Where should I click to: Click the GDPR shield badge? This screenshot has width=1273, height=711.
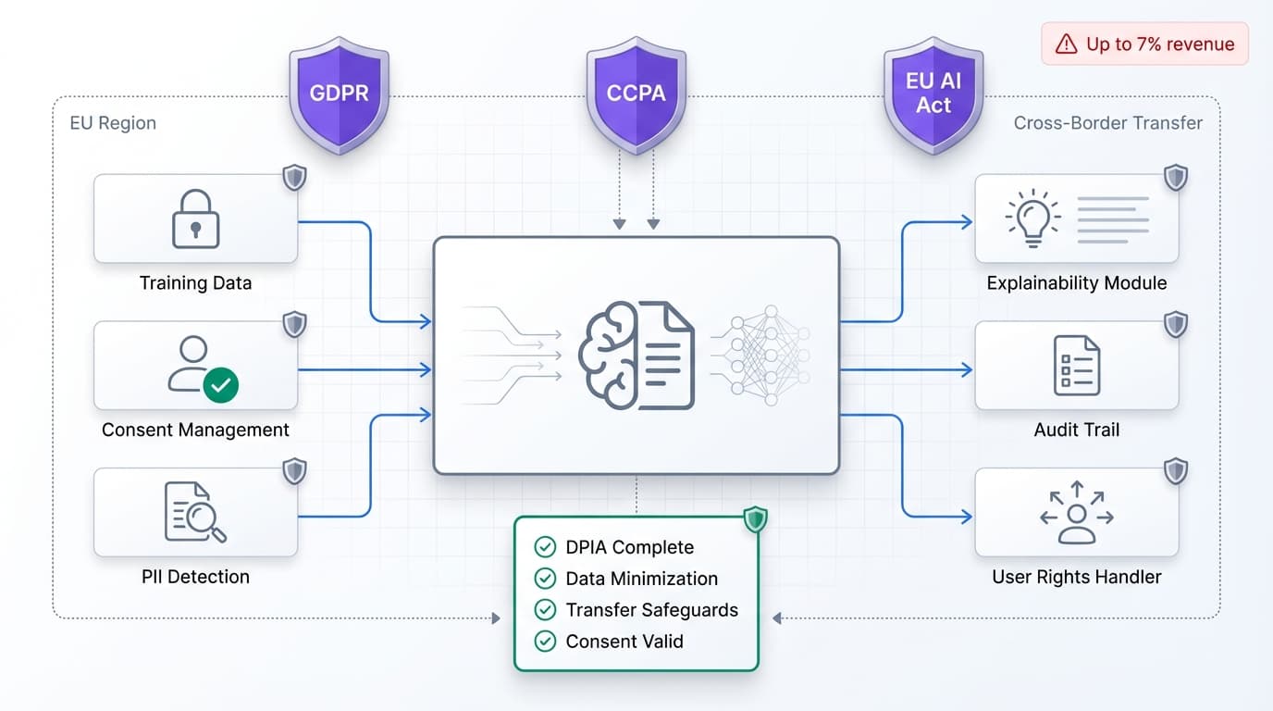(x=339, y=94)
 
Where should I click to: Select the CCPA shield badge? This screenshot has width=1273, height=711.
(x=636, y=94)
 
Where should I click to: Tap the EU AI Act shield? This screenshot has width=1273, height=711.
(x=933, y=94)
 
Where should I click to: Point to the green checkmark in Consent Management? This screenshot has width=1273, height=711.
(x=220, y=383)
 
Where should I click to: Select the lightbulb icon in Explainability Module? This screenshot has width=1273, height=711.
(x=1032, y=218)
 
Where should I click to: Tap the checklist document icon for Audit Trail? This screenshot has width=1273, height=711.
(x=1077, y=366)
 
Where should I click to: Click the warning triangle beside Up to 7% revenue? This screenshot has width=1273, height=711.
(x=1066, y=44)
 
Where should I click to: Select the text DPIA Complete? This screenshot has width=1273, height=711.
(x=629, y=547)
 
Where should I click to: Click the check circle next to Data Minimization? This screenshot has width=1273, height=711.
(x=546, y=579)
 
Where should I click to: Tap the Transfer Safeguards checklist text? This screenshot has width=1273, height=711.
(x=651, y=610)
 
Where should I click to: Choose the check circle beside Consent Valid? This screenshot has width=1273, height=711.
(x=546, y=642)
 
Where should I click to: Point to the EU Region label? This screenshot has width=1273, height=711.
(x=113, y=123)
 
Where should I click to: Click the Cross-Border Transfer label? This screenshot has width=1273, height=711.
(x=1107, y=123)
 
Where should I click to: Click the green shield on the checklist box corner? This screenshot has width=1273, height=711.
(x=756, y=519)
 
